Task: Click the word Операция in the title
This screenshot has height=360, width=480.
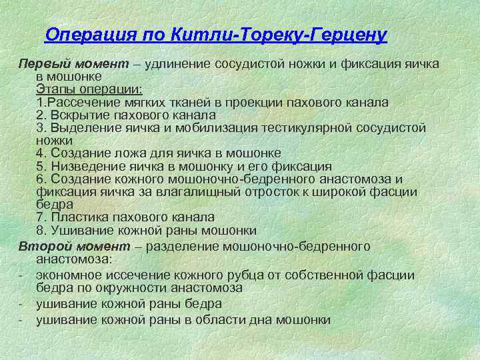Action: (x=81, y=35)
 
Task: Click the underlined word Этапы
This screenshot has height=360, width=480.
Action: (x=55, y=89)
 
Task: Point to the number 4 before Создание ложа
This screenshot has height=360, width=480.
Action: (x=40, y=153)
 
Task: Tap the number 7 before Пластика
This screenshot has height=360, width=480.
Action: (x=40, y=217)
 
